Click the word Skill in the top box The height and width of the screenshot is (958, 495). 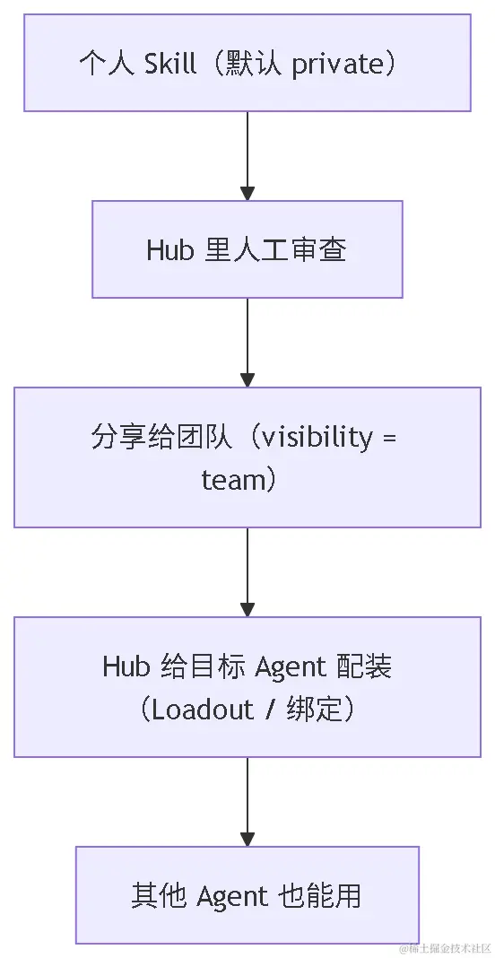[x=170, y=64]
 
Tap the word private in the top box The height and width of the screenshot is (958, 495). [x=330, y=65]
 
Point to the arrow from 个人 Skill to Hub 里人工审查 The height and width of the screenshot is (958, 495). [x=247, y=156]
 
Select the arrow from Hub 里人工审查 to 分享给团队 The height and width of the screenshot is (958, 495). [x=247, y=342]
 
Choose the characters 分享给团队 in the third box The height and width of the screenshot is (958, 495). [x=161, y=438]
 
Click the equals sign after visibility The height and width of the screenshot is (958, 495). [x=389, y=439]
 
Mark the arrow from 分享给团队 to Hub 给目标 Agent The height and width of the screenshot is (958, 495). [x=247, y=572]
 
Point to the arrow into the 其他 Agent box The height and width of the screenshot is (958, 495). [x=247, y=802]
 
